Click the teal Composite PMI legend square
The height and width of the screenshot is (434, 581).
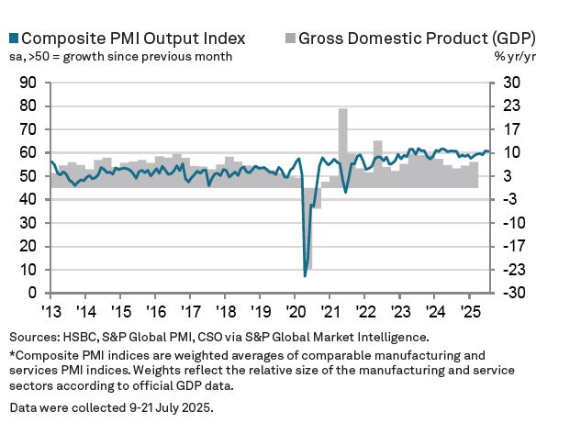(13, 39)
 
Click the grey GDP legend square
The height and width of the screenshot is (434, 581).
(290, 39)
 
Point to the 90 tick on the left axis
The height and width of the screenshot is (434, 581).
(27, 83)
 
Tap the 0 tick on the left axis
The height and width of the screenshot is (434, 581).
(31, 294)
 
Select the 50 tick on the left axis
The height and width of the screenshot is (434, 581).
(27, 176)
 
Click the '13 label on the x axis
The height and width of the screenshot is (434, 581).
(51, 310)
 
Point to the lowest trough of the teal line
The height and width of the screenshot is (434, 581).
(305, 275)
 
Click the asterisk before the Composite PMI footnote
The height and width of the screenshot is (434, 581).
(13, 353)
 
